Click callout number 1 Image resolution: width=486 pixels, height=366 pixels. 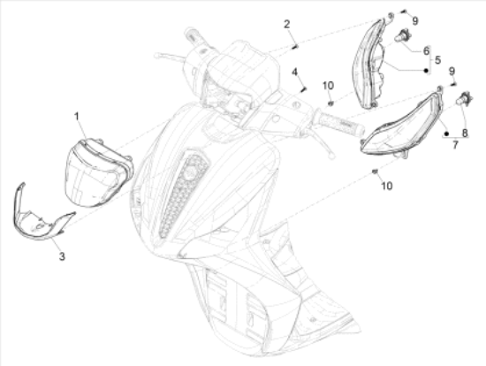point(76,117)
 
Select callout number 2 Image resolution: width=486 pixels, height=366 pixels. point(287,24)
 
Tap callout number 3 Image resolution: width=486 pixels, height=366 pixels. point(62,256)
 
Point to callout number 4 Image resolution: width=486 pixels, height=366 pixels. point(294,72)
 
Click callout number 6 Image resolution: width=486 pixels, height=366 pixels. point(427,50)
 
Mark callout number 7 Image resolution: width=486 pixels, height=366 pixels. point(455,144)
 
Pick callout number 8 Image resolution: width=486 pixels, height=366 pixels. point(465,133)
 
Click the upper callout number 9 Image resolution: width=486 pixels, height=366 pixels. point(415,21)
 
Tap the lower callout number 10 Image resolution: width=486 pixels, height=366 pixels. point(386,186)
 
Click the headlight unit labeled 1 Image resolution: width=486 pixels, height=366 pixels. point(99,172)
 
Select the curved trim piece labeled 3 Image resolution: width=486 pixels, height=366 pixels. point(41,217)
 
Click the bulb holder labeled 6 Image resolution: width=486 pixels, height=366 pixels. point(403,35)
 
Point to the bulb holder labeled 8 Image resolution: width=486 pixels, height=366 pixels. point(464,98)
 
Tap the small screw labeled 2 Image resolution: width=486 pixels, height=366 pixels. point(294,47)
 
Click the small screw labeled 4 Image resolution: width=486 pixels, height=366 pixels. point(303,89)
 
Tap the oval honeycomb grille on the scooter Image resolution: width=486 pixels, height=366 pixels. point(184,193)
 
